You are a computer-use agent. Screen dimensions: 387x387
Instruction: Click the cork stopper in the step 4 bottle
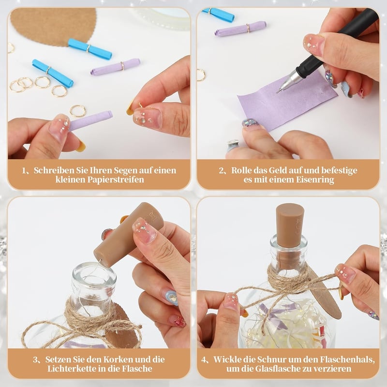click(290, 229)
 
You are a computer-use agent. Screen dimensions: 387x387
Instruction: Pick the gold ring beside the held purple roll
click(78, 111)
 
